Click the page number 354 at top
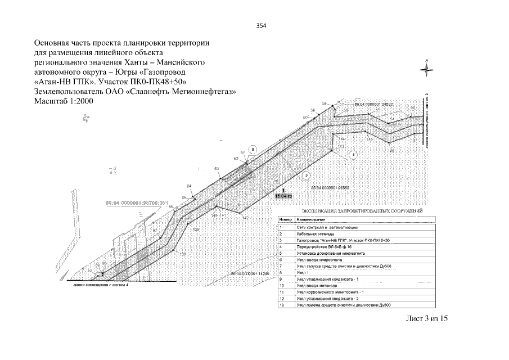[x=260, y=26]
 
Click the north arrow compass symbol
[x=427, y=69]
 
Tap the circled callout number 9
[x=254, y=149]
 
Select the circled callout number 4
[x=353, y=154]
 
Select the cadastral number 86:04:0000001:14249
[x=251, y=273]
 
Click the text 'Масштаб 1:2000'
[x=63, y=101]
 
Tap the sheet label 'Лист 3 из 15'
[x=426, y=318]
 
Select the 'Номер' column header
[x=285, y=218]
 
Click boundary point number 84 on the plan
[x=190, y=186]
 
